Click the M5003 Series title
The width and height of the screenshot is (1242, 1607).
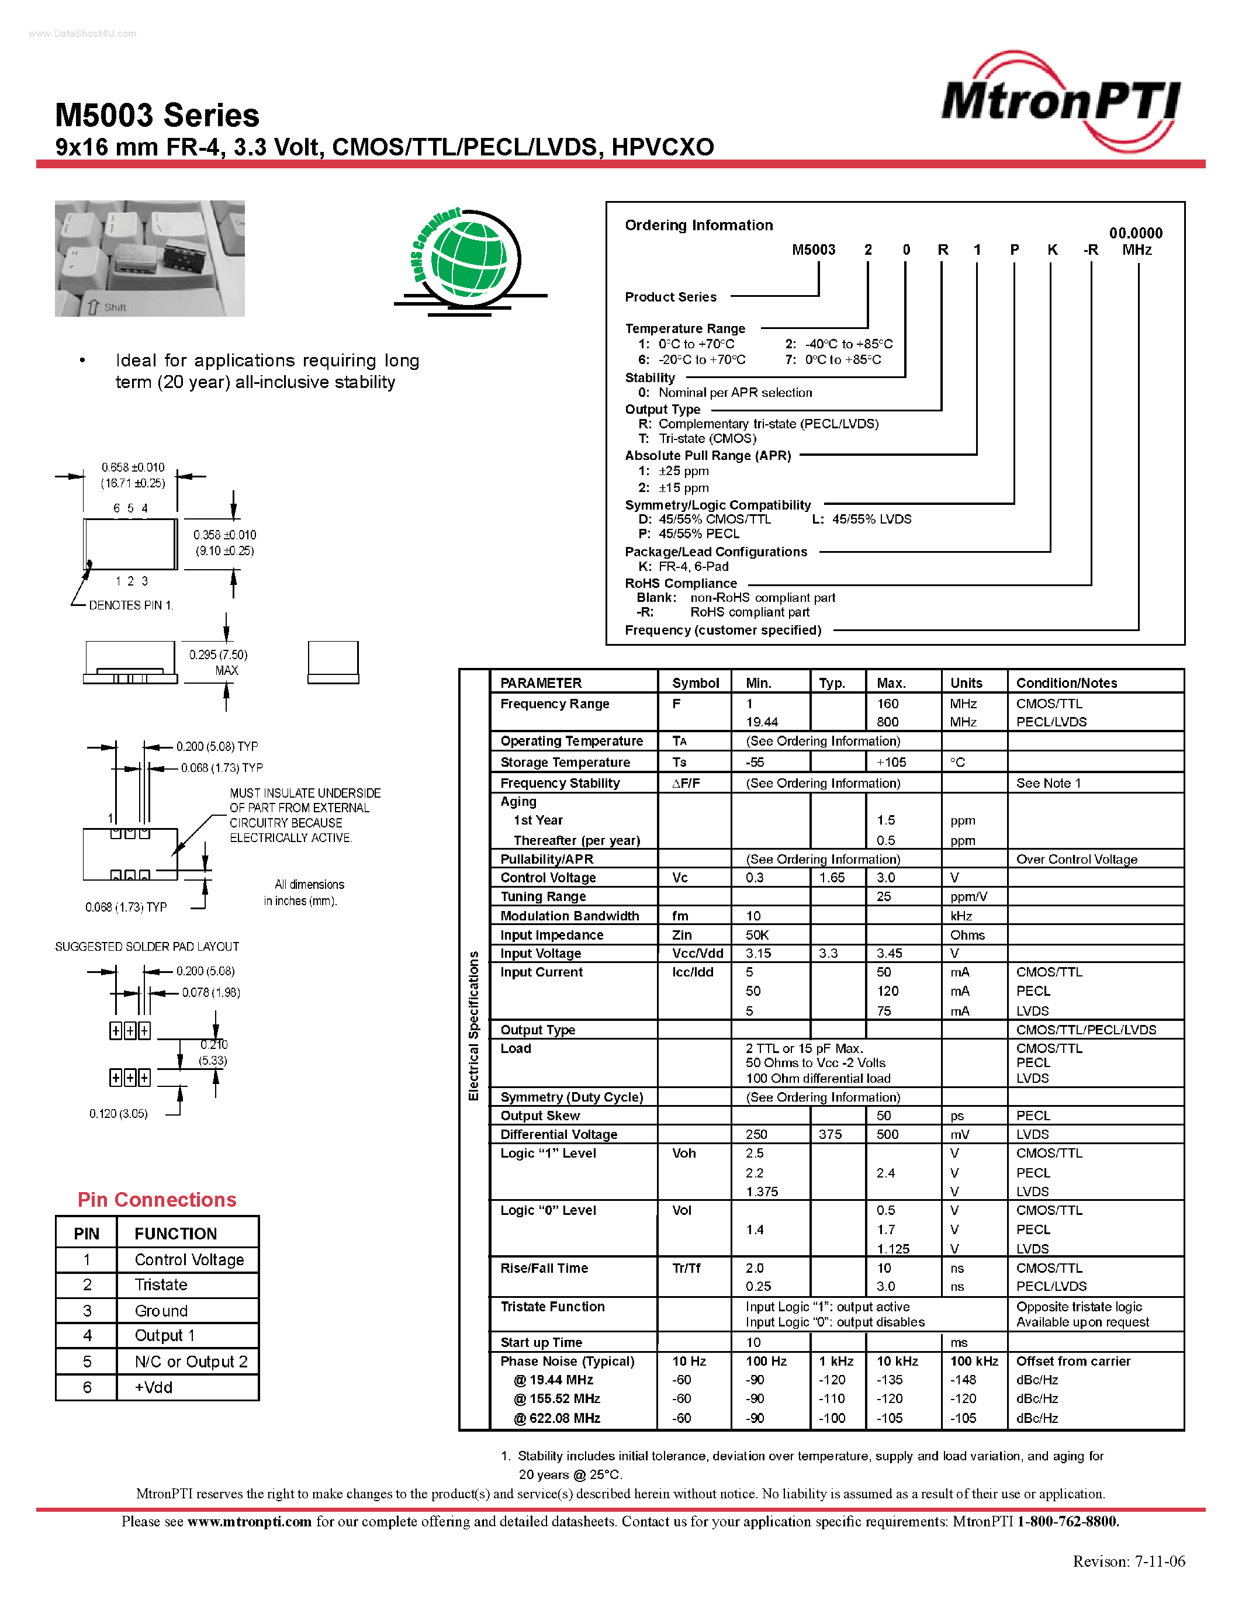click(157, 116)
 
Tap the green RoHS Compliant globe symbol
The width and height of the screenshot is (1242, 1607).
click(468, 258)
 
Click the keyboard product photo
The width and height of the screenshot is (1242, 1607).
click(150, 258)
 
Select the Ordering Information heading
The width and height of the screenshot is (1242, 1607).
click(698, 225)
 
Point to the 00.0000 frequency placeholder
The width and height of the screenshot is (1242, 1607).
click(1135, 233)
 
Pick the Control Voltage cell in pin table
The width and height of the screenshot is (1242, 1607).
click(188, 1260)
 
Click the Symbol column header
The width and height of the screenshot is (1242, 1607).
click(694, 683)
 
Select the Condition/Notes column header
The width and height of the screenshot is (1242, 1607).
click(1066, 683)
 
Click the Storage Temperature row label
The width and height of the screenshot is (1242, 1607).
click(565, 762)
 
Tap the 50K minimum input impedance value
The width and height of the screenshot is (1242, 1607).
click(757, 934)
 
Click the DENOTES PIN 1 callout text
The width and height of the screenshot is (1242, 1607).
click(130, 605)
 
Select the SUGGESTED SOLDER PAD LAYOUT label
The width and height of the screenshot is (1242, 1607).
click(147, 946)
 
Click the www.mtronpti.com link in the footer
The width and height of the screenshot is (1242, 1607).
click(249, 1521)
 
